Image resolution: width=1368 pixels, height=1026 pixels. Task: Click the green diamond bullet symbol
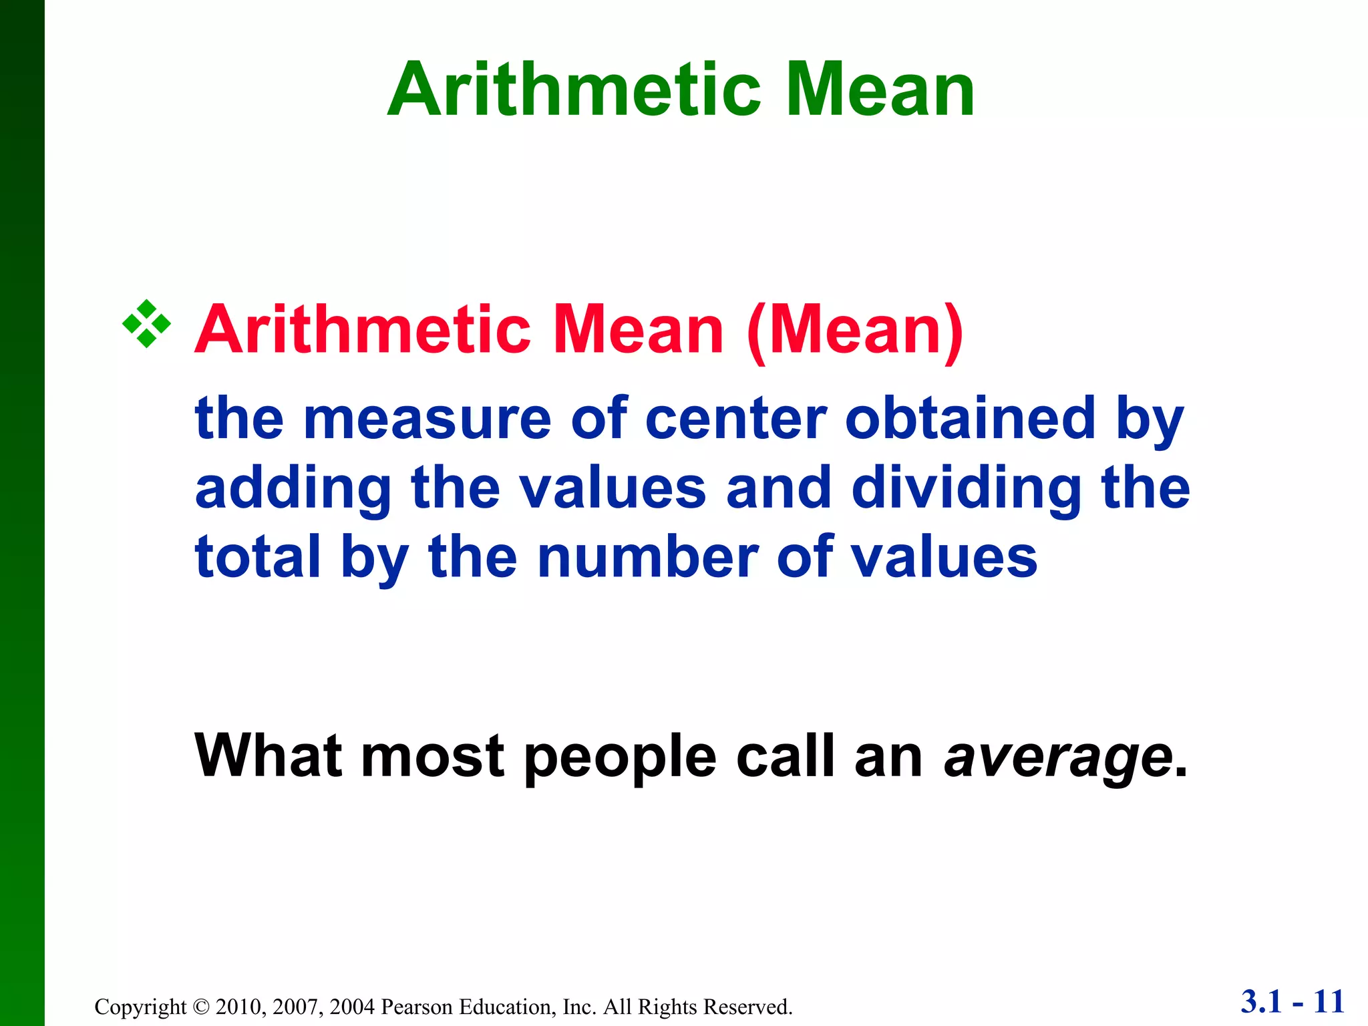coord(146,325)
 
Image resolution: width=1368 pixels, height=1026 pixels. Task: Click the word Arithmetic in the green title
coord(574,90)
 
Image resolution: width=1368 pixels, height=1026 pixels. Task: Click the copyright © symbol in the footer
coord(200,1007)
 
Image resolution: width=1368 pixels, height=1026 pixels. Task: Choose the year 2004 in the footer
coord(352,1007)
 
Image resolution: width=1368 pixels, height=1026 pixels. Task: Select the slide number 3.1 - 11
coord(1293,1002)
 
